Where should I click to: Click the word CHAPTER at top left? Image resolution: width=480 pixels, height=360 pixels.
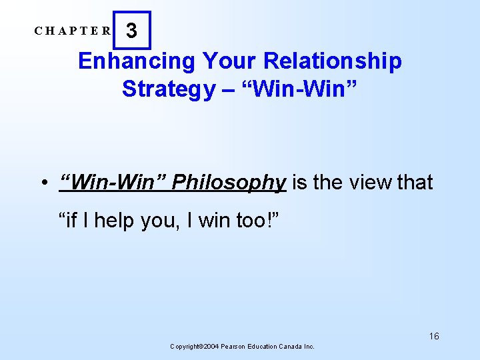point(73,31)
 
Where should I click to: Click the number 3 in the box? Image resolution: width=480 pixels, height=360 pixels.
point(132,31)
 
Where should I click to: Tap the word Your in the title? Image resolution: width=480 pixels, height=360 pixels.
point(224,61)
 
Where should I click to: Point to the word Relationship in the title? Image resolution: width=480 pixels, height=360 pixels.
point(333,61)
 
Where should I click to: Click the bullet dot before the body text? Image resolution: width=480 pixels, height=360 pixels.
point(42,183)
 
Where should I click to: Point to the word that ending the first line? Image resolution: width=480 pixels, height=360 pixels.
point(415,182)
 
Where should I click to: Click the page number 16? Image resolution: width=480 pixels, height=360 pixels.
point(434,336)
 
